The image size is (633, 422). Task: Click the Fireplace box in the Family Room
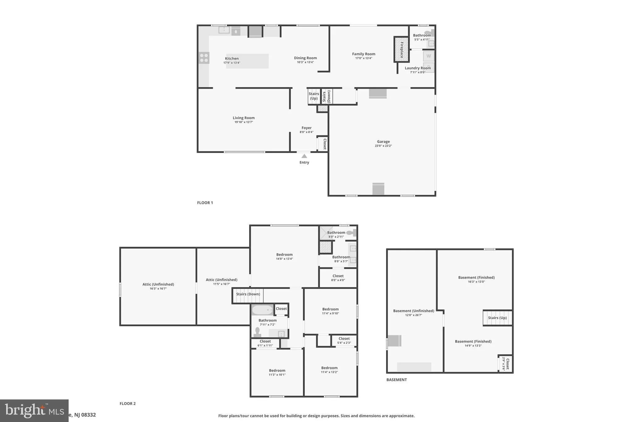click(x=401, y=49)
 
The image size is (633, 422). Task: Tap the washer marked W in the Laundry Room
click(x=428, y=56)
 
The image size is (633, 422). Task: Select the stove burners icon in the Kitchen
click(x=204, y=58)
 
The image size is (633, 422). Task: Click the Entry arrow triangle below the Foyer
click(x=304, y=156)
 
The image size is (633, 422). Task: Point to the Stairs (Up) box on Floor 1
click(x=314, y=96)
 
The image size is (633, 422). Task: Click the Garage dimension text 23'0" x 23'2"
click(x=383, y=146)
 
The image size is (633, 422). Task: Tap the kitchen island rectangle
click(x=247, y=61)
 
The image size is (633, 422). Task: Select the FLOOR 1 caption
click(x=205, y=203)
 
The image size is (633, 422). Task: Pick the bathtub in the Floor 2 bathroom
click(x=262, y=309)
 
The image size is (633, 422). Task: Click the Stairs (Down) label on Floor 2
click(x=248, y=294)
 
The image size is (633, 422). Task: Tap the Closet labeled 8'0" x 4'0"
click(x=338, y=278)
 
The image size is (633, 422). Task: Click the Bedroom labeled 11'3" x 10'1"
click(x=277, y=372)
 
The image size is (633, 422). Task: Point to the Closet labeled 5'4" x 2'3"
click(x=344, y=340)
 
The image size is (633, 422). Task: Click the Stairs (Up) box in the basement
click(x=497, y=318)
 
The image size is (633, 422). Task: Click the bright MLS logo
click(x=34, y=411)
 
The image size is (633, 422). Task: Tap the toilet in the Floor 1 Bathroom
click(x=429, y=32)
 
